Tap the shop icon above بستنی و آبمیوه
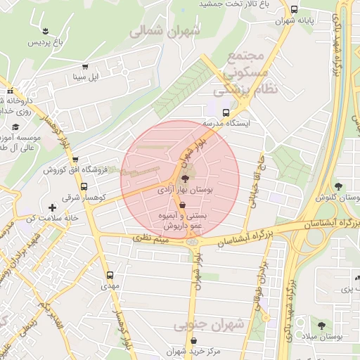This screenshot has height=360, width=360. (x=183, y=205)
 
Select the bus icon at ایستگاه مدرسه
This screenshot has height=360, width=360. (x=226, y=112)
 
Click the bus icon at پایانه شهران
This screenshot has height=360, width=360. (x=294, y=11)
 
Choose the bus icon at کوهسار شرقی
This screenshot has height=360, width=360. (x=84, y=187)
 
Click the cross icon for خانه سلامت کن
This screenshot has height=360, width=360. (x=53, y=207)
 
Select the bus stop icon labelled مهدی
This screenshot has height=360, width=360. (x=109, y=276)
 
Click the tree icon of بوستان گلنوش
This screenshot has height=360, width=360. (x=338, y=186)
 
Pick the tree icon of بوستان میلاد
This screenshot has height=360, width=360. (x=322, y=326)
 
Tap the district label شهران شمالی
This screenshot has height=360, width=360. (x=165, y=31)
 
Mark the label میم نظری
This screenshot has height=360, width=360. (x=152, y=240)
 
